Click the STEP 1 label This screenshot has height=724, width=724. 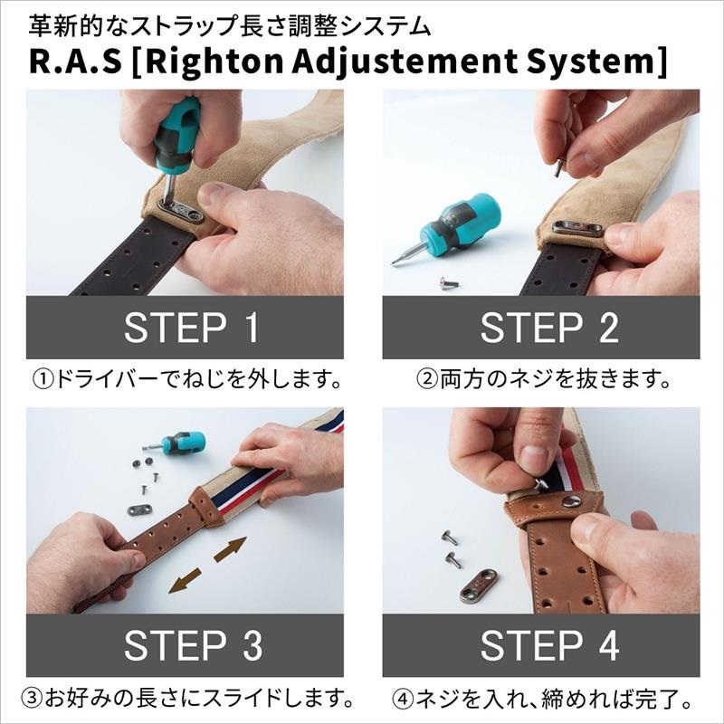coord(191,328)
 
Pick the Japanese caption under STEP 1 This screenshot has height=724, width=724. coord(191,378)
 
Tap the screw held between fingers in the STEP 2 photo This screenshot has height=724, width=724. coord(558,167)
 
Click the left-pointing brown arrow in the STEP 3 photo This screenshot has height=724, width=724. coord(186,580)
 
